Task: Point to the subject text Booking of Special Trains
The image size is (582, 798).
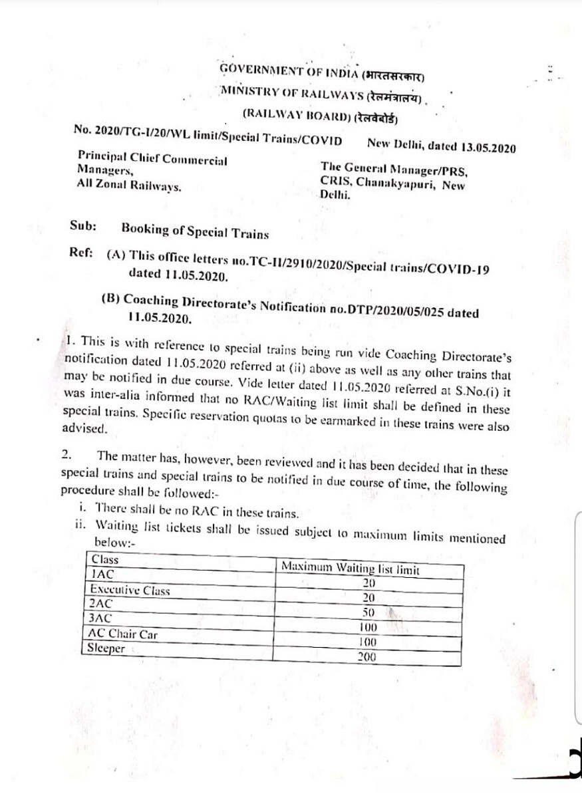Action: [195, 233]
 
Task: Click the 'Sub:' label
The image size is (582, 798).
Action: [83, 225]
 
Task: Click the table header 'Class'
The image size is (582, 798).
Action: [105, 560]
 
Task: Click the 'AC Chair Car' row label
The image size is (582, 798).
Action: [124, 634]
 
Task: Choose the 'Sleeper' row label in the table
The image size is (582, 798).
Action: [108, 648]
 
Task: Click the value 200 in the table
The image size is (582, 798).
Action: [366, 656]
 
